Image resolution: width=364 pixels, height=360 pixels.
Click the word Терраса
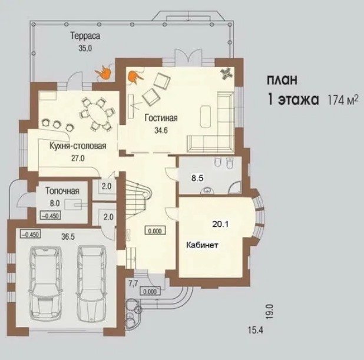85,36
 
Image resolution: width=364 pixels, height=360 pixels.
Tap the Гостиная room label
161,118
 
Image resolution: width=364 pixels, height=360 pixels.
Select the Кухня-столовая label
78,146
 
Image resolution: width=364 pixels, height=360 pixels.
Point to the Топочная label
62,191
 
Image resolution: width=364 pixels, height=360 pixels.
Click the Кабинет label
202,245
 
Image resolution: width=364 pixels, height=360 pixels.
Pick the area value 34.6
161,130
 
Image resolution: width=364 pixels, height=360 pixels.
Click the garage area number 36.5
68,237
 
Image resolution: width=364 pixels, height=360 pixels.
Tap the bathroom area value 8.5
197,178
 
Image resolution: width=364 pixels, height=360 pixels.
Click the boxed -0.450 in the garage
31,234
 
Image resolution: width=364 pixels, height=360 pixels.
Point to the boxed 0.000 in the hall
155,231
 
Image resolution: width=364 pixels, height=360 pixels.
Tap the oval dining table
97,114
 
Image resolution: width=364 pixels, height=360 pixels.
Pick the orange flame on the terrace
103,72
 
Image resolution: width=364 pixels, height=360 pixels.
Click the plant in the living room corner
226,74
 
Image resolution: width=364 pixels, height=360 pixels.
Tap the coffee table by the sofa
205,116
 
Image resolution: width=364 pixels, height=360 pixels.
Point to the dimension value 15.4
256,330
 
